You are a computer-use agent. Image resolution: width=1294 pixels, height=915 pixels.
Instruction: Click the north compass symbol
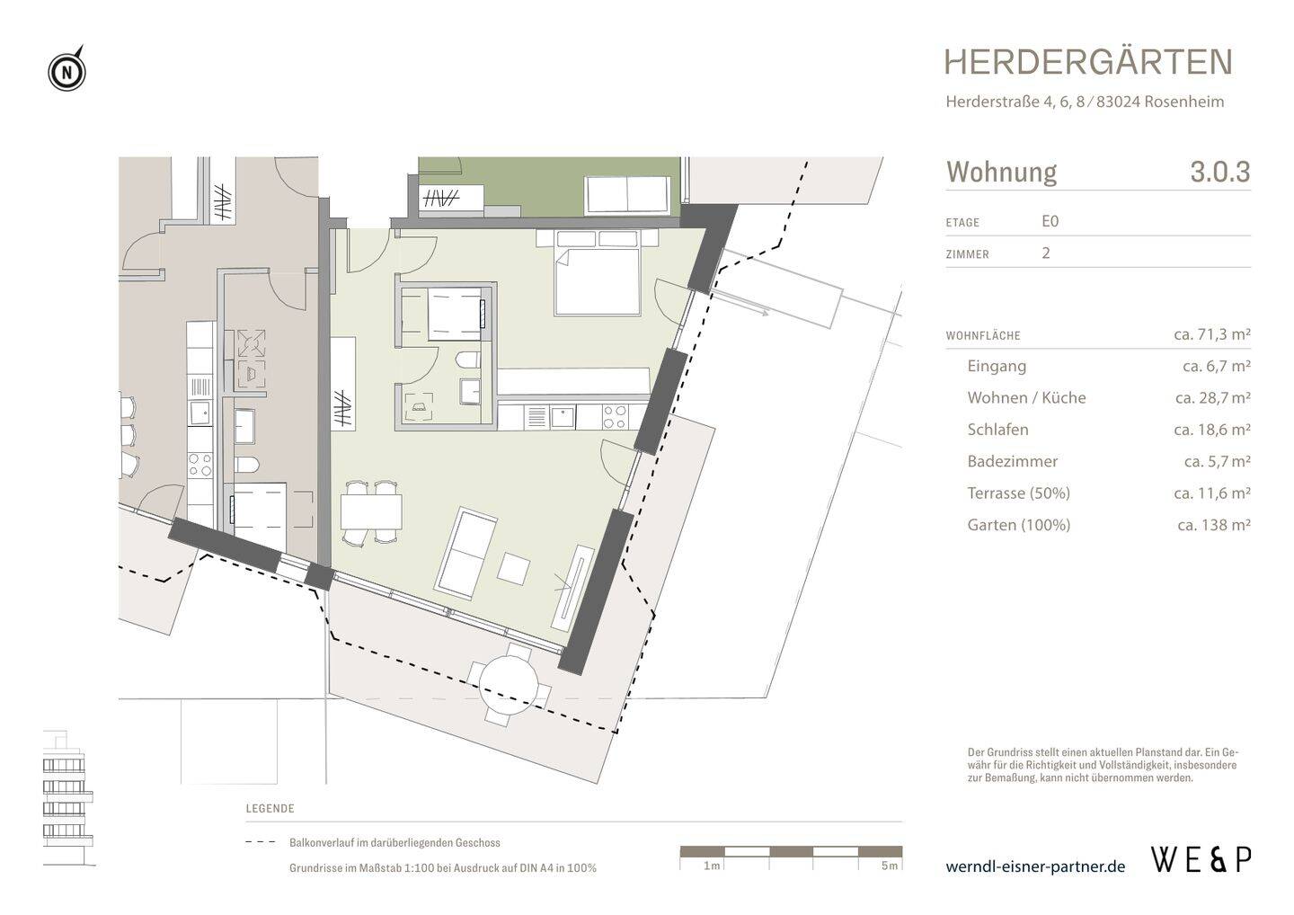(x=67, y=71)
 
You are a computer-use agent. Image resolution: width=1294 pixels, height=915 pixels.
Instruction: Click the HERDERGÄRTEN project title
(x=1089, y=62)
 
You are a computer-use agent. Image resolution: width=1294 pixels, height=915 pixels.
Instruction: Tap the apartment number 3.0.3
(x=1220, y=172)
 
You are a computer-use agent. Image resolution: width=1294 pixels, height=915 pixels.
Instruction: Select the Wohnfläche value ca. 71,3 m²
(x=1212, y=334)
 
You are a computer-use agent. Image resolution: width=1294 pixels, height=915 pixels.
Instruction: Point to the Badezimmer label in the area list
(x=1012, y=461)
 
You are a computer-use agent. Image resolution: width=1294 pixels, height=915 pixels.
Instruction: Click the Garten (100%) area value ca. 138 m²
(x=1214, y=525)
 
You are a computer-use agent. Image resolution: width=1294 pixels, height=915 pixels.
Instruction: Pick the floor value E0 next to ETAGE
(x=1050, y=221)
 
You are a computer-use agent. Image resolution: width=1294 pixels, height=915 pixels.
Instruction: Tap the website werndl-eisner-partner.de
(x=1035, y=866)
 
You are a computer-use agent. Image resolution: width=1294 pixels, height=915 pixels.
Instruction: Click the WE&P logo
(x=1201, y=859)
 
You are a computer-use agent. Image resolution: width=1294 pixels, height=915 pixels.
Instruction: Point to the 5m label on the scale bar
(x=890, y=866)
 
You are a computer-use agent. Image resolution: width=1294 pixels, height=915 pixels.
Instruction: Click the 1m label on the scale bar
(x=712, y=866)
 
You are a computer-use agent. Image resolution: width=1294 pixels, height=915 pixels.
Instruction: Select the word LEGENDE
(x=270, y=809)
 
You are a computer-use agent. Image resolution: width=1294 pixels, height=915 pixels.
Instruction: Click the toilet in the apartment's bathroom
(x=467, y=360)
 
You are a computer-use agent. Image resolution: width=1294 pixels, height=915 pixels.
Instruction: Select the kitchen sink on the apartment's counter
(x=563, y=417)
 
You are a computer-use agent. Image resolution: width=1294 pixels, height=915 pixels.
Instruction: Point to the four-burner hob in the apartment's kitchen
(x=615, y=417)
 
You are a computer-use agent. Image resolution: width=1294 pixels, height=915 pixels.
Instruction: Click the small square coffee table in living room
(x=514, y=568)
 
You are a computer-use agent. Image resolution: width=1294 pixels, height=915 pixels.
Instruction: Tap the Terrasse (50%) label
(x=1018, y=493)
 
